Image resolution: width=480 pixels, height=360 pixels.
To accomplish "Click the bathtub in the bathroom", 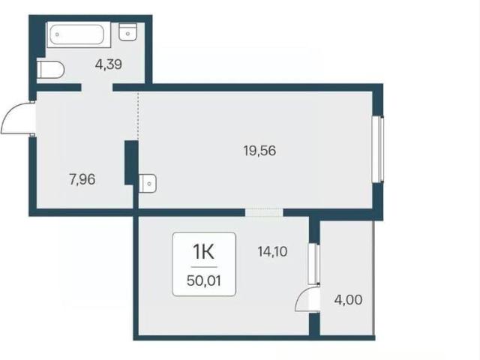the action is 79,34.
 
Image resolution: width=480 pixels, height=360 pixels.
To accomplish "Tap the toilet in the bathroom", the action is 50,70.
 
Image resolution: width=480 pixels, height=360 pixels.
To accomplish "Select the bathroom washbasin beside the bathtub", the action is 127,31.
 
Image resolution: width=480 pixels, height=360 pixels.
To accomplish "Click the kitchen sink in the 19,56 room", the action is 148,183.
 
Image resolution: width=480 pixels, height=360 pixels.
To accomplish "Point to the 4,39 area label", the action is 108,64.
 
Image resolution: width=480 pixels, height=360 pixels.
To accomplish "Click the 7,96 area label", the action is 82,179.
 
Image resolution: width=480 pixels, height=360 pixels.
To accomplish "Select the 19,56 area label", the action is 259,151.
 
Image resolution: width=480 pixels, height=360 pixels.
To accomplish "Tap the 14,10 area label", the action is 272,252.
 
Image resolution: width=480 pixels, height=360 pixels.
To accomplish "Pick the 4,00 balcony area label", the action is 348,300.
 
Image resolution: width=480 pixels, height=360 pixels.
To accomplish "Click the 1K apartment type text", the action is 203,252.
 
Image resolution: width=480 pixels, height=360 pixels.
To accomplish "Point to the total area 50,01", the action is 203,280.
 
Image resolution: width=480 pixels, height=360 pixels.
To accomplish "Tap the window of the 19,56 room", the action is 378,149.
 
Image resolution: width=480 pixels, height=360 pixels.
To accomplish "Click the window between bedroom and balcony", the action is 313,264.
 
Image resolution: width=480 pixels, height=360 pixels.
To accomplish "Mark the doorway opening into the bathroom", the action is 97,87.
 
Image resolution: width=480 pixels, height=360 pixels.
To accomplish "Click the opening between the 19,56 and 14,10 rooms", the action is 264,212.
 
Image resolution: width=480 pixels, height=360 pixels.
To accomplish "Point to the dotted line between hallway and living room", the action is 138,115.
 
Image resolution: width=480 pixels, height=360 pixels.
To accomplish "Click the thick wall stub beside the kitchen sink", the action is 131,163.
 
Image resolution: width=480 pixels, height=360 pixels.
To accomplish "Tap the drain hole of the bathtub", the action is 57,34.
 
